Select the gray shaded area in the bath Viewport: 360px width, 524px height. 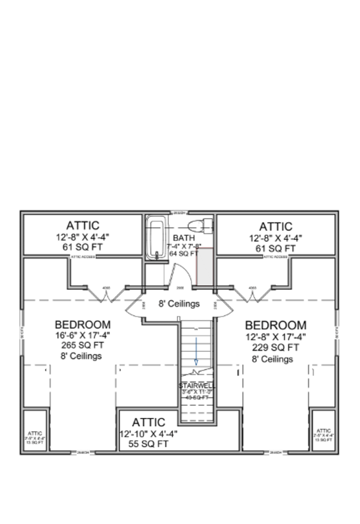point(205,267)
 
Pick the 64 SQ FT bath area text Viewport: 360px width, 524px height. point(183,254)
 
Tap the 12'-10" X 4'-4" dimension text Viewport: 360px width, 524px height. point(148,433)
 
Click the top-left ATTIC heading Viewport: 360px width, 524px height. point(83,225)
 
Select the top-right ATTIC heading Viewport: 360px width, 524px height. point(276,227)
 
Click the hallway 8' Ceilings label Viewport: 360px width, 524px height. point(179,304)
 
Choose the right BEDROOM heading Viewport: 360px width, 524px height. point(276,326)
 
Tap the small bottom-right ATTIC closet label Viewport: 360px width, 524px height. point(323,430)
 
